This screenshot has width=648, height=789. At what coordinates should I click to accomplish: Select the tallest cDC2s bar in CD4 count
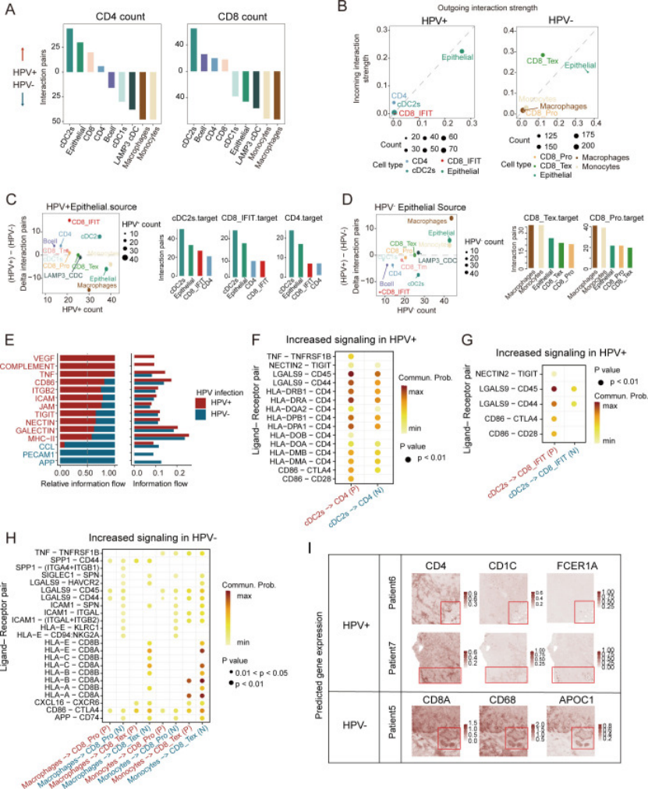[x=69, y=51]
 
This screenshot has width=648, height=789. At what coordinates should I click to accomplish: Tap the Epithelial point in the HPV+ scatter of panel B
[x=462, y=51]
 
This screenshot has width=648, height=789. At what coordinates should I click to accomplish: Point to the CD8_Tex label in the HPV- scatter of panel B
[x=540, y=60]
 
